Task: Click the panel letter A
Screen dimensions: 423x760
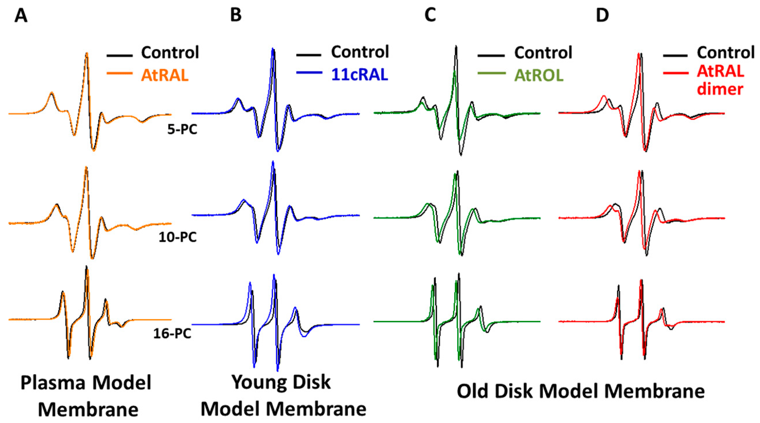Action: coord(21,15)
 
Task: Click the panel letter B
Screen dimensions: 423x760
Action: coord(236,15)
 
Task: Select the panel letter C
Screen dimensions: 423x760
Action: coord(430,15)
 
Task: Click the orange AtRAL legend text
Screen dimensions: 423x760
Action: coord(165,75)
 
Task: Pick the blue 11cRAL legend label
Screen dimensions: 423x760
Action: coord(359,75)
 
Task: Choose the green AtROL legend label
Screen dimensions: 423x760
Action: coord(539,75)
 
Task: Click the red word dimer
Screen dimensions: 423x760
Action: coord(720,89)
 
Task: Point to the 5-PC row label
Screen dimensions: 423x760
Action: coord(182,130)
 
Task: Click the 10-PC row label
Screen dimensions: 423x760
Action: coord(177,237)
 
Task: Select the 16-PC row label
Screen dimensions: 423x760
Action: coord(172,333)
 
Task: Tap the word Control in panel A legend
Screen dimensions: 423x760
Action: coord(170,52)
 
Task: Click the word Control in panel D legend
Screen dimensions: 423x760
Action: coord(726,52)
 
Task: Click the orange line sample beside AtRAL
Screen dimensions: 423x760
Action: coord(120,73)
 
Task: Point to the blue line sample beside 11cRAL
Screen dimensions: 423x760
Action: coord(309,72)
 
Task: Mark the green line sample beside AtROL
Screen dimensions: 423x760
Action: coord(491,73)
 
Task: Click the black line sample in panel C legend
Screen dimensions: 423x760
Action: coord(491,56)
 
